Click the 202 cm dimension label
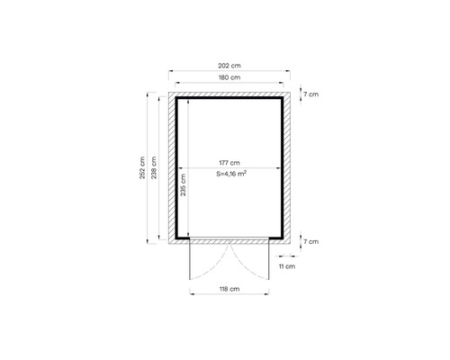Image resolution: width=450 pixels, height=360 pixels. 229,66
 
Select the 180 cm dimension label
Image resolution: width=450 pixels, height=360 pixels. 229,77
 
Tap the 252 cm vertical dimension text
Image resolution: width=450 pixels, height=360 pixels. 142,168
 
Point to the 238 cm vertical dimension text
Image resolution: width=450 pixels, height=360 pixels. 154,167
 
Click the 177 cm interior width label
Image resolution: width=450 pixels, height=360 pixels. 229,163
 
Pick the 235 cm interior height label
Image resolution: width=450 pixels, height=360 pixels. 183,184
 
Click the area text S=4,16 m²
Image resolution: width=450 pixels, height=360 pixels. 231,174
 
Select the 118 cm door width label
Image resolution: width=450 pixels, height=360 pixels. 229,289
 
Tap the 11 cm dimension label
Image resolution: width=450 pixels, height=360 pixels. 287,266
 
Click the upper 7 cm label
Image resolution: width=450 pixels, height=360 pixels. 311,94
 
